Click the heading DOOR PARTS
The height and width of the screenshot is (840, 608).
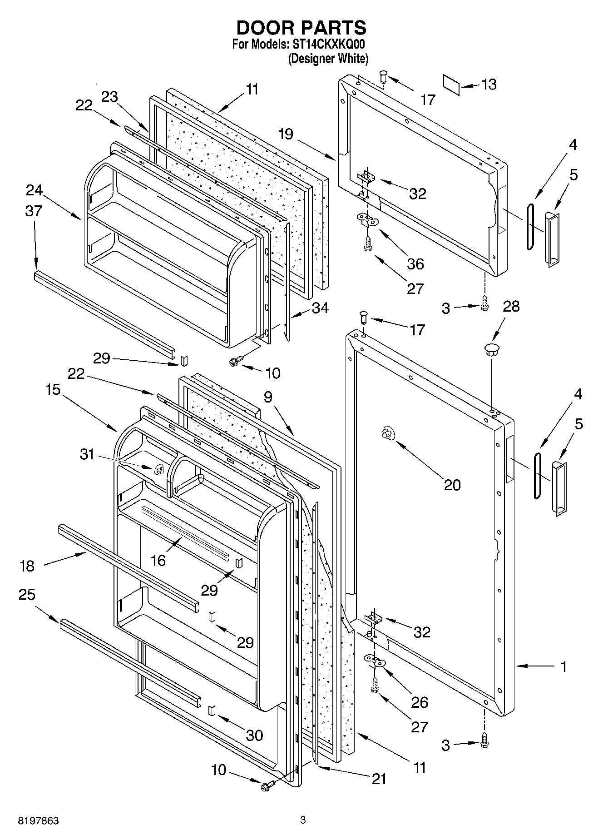click(x=301, y=28)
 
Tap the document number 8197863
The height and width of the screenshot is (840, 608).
click(x=39, y=820)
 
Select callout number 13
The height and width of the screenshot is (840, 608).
click(x=489, y=84)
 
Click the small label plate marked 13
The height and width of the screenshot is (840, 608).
click(x=451, y=85)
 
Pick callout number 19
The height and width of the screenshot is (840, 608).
click(x=286, y=134)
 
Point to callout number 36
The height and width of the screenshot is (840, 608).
click(x=415, y=263)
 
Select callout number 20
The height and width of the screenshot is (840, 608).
click(x=452, y=485)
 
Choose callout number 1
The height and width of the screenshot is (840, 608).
click(x=563, y=667)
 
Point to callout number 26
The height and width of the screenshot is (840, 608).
click(x=419, y=702)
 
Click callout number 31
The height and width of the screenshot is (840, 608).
click(x=87, y=454)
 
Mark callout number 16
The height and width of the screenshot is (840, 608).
click(x=158, y=560)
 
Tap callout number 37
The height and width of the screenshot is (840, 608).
click(x=33, y=211)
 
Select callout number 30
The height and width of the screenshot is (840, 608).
click(x=254, y=735)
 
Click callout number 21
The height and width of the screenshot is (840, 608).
click(x=379, y=779)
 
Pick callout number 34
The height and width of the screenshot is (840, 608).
click(x=320, y=308)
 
